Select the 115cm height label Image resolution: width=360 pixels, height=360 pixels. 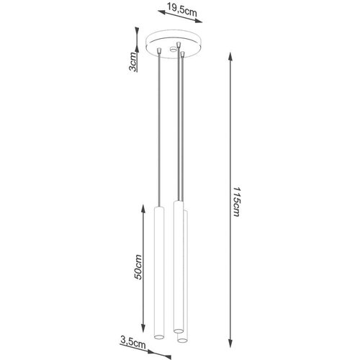[237, 202]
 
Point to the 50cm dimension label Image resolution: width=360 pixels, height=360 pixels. [138, 267]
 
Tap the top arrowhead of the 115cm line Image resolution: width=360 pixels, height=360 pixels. [230, 57]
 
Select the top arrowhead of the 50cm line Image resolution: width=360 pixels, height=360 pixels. [143, 210]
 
